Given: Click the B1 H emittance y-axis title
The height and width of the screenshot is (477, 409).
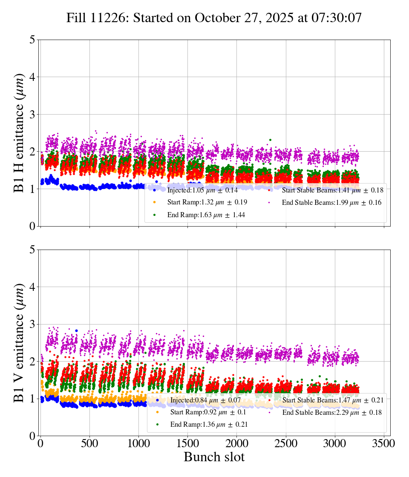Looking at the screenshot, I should (x=19, y=133).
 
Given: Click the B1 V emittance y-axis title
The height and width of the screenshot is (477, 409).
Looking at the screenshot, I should (x=19, y=342).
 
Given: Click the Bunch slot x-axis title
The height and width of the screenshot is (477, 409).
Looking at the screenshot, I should (x=214, y=457).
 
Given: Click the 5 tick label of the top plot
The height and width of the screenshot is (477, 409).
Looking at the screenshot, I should (x=32, y=40).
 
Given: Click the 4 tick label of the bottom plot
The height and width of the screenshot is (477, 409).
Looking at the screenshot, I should (x=32, y=287).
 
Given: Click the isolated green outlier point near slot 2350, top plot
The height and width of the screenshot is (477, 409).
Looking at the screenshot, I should (x=270, y=140).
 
